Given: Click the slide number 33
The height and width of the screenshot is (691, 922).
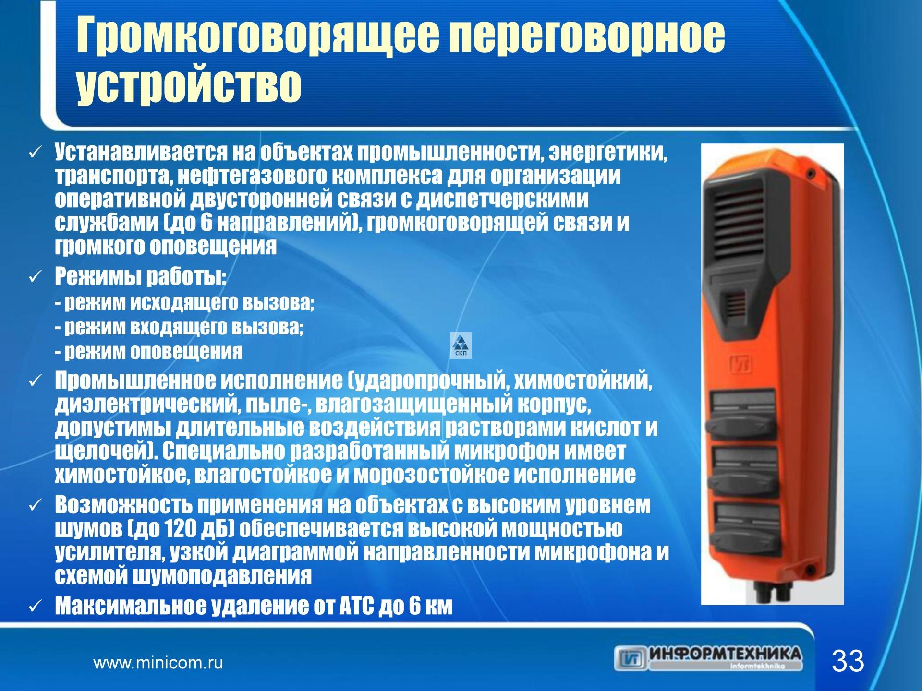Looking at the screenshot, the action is pyautogui.click(x=848, y=662).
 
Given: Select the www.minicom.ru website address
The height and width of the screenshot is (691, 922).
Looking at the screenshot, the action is pyautogui.click(x=158, y=664).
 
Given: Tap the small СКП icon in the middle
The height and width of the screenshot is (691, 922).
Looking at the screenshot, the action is pyautogui.click(x=461, y=345).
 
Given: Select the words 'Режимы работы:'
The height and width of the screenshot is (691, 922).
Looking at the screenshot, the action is pyautogui.click(x=140, y=277).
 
